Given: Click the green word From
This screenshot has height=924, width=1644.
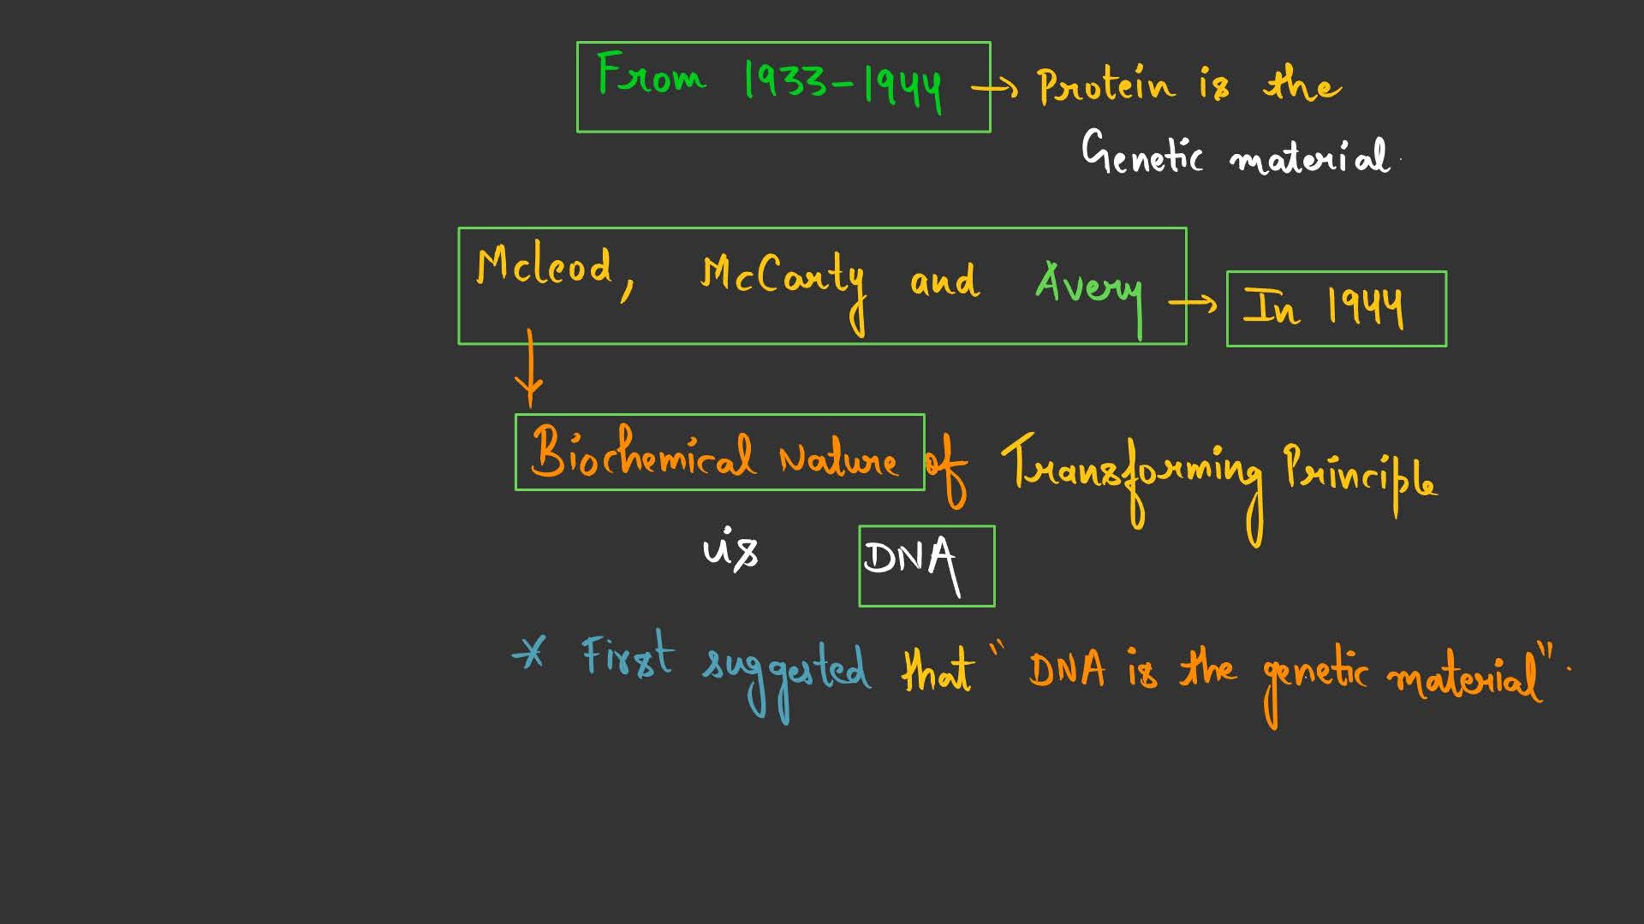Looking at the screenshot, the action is [x=651, y=74].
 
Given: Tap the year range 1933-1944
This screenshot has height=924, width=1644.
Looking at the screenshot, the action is [x=843, y=86].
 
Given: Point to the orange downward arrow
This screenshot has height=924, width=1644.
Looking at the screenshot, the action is [x=529, y=368].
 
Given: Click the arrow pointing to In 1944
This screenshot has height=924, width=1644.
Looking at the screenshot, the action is [x=1193, y=302].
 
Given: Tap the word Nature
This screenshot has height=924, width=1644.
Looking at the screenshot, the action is [x=839, y=459].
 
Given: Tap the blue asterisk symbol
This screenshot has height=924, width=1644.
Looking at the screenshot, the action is [x=529, y=653].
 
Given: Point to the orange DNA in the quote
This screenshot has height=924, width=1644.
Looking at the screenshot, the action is [x=1067, y=669].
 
